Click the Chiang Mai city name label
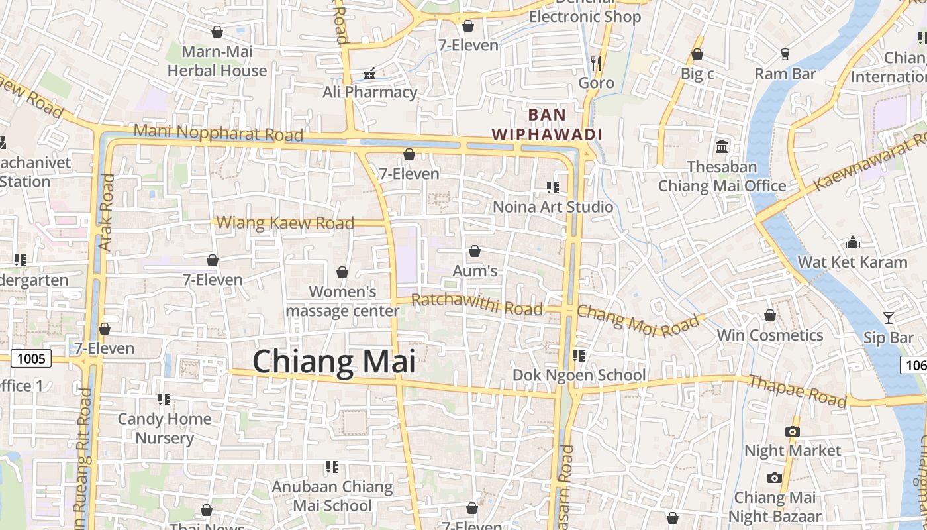click(x=334, y=362)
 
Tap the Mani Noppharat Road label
click(x=218, y=132)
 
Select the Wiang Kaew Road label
click(x=286, y=223)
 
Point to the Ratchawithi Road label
click(x=477, y=305)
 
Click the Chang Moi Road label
click(x=638, y=321)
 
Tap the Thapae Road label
click(x=797, y=391)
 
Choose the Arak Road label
click(x=106, y=212)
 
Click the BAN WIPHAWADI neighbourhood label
click(x=547, y=125)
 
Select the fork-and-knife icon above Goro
click(x=596, y=63)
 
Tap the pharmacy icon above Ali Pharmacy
click(x=369, y=73)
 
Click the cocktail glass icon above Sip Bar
click(x=888, y=318)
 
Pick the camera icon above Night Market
click(x=792, y=431)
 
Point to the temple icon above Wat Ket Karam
click(x=853, y=242)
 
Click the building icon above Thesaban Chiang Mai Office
click(x=722, y=146)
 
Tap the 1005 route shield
click(x=31, y=359)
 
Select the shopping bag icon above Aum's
click(x=474, y=251)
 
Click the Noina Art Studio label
click(x=553, y=207)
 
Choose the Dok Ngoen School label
click(x=579, y=375)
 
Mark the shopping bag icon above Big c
click(x=697, y=54)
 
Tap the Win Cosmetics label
click(x=770, y=335)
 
